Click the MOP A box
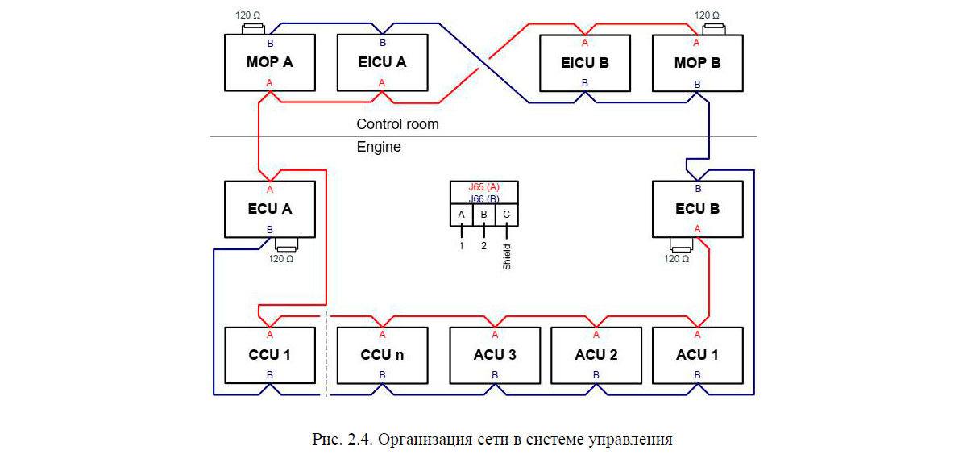click(269, 62)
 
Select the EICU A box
click(382, 62)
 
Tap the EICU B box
click(584, 62)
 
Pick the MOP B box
click(697, 62)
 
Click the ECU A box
click(269, 209)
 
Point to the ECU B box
click(697, 209)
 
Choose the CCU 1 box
click(269, 355)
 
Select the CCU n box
click(382, 355)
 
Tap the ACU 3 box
click(495, 355)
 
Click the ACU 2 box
click(596, 355)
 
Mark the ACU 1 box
click(697, 355)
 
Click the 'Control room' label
click(397, 124)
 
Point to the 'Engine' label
click(379, 148)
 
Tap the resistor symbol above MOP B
click(712, 30)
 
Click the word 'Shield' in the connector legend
click(507, 256)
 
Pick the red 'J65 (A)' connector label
click(483, 186)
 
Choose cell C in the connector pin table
click(506, 215)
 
